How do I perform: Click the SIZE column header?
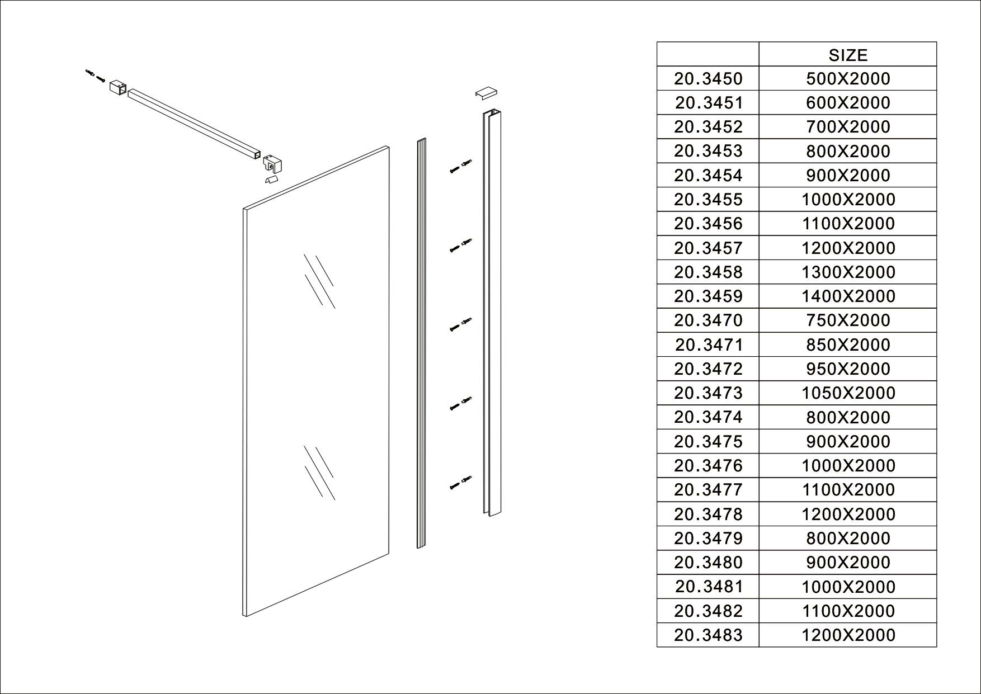tap(848, 55)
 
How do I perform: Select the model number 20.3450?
tap(708, 79)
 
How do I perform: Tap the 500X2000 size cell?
tap(848, 79)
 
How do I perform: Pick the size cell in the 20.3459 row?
tap(848, 296)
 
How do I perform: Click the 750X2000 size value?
tap(848, 320)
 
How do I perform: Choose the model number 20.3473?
tap(708, 393)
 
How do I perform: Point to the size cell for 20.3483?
tap(848, 635)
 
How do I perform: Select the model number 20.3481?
tap(708, 587)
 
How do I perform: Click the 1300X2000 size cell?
tap(848, 272)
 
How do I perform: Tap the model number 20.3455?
tap(708, 200)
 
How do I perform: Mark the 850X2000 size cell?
tap(848, 345)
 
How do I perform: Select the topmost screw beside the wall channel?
tap(461, 166)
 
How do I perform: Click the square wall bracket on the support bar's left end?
tap(117, 88)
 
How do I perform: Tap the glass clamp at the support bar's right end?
tap(272, 163)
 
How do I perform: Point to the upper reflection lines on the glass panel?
tap(319, 281)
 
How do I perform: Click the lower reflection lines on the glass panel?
tap(319, 473)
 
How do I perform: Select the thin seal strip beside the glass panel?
tap(421, 343)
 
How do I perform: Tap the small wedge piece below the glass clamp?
tap(271, 180)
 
